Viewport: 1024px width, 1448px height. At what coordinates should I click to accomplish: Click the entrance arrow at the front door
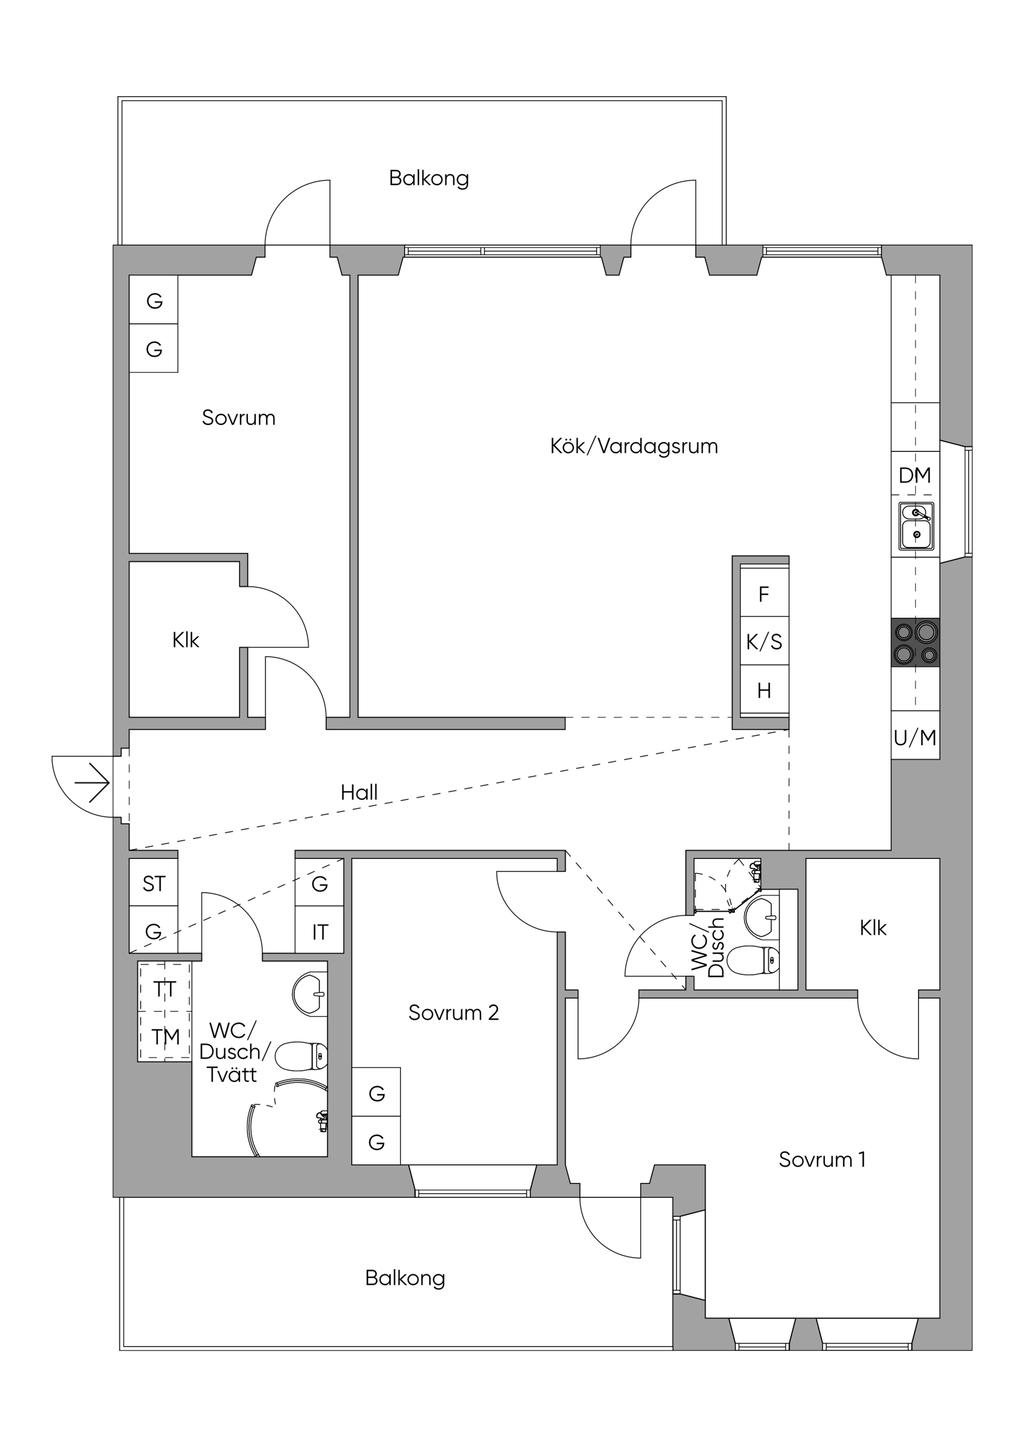pos(91,783)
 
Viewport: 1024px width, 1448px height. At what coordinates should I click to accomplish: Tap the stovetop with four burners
pos(915,642)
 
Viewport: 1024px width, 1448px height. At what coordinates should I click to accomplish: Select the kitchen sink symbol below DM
pos(915,524)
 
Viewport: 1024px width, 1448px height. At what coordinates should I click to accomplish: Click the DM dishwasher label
pos(915,475)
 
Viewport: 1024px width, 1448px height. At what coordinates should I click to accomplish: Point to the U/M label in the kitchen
pos(915,738)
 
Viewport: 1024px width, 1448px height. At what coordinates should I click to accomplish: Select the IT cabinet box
pos(319,932)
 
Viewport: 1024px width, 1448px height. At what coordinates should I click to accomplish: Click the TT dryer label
pos(165,988)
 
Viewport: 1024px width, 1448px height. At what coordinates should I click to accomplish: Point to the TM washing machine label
pos(165,1037)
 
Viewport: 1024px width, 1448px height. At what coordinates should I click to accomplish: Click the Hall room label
pos(359,793)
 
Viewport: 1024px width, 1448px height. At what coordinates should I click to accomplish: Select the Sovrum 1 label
pos(822,1160)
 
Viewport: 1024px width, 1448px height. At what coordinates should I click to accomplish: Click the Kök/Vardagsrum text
pos(634,447)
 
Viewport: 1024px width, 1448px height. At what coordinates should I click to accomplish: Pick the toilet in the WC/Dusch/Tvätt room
pos(301,1056)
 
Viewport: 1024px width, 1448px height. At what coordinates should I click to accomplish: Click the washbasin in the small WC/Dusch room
pos(763,917)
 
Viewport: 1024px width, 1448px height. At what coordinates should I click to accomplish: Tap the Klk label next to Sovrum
pos(186,640)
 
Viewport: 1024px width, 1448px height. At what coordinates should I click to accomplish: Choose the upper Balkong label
pos(429,178)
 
